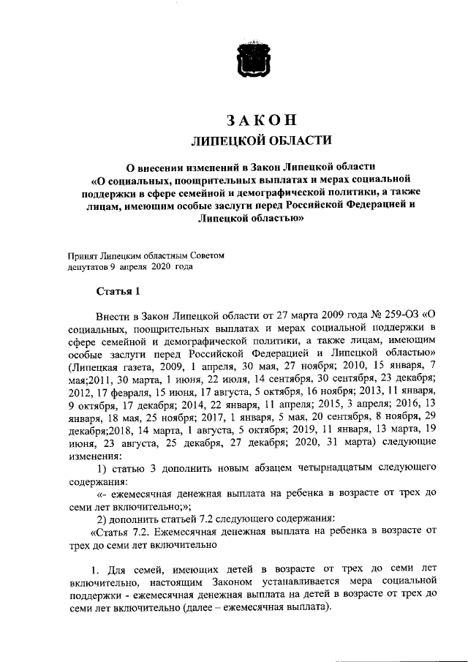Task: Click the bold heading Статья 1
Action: (x=118, y=293)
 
